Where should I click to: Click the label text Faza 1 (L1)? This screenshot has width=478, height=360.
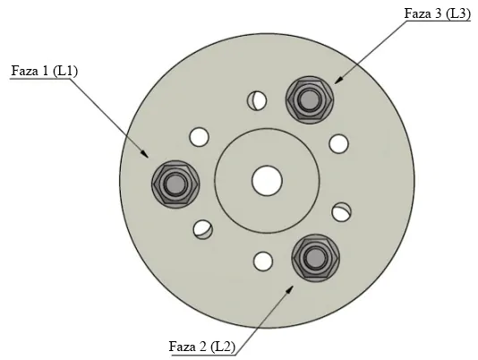[x=45, y=71]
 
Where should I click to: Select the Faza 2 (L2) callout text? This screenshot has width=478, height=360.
[x=202, y=347]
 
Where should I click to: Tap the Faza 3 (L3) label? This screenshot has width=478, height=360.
[x=438, y=13]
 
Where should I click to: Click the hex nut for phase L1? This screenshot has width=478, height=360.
[x=175, y=184]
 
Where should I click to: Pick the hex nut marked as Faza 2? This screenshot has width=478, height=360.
[x=315, y=258]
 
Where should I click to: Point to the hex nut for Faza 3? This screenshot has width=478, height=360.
[x=310, y=100]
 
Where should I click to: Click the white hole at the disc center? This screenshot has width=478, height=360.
[x=267, y=181]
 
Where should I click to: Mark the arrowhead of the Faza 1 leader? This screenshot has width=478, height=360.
[x=145, y=153]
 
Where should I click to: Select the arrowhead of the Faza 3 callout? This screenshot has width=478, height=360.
[x=338, y=79]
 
